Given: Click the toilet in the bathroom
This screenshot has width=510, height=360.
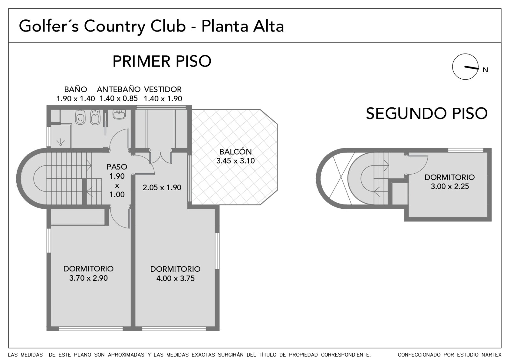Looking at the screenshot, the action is coord(80,118).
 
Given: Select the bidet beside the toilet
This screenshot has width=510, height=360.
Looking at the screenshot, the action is coord(95,118).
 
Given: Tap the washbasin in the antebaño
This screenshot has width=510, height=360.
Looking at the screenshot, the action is coord(119,114).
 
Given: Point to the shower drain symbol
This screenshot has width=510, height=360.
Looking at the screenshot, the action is coord(61,142).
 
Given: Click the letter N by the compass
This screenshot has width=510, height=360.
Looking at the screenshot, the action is coord(485,70).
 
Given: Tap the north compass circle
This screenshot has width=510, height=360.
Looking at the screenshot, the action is coord(465,67).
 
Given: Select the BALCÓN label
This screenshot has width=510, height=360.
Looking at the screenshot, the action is coord(236,152).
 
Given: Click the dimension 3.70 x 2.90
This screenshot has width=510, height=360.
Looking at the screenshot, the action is coord(88,278).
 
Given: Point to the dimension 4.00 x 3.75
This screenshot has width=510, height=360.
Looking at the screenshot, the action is coord(175,278).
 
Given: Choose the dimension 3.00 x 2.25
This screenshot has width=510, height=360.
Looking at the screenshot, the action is coord(450,186).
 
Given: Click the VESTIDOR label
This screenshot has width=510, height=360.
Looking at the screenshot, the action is coord(163,90).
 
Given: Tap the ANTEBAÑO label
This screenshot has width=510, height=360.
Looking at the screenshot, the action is coord(119,89).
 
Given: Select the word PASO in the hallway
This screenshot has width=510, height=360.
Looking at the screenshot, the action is coord(117,167).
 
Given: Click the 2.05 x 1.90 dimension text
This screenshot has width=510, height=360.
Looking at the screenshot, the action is coord(162,188).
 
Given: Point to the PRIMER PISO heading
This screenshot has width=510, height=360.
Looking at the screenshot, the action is coord(162,61).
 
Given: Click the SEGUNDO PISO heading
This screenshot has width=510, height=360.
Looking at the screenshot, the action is coord(427,113).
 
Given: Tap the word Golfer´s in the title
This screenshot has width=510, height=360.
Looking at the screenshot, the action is coord(49,26).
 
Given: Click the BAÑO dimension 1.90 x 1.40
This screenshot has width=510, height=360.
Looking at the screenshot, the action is coord(76,99).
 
